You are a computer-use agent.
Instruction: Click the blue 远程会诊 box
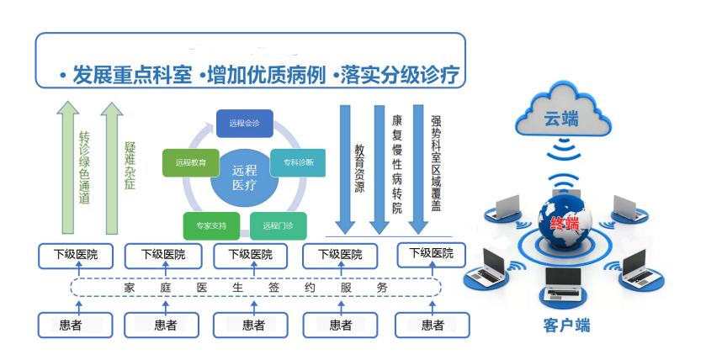[x=243, y=124]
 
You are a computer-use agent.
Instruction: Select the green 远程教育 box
[x=191, y=161]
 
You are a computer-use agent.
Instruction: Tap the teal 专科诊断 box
[x=298, y=161]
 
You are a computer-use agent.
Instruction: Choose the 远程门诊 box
[x=276, y=225]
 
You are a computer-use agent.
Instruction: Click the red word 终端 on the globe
[x=564, y=223]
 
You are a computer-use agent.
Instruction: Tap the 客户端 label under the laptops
[x=561, y=326]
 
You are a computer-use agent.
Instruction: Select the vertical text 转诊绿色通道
[x=84, y=168]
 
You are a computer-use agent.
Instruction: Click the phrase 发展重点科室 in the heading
[x=130, y=74]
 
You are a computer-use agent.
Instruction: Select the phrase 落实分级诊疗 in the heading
[x=401, y=74]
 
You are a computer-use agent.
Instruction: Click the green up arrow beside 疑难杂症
[x=110, y=168]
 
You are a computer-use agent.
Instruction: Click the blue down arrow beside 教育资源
[x=342, y=168]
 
